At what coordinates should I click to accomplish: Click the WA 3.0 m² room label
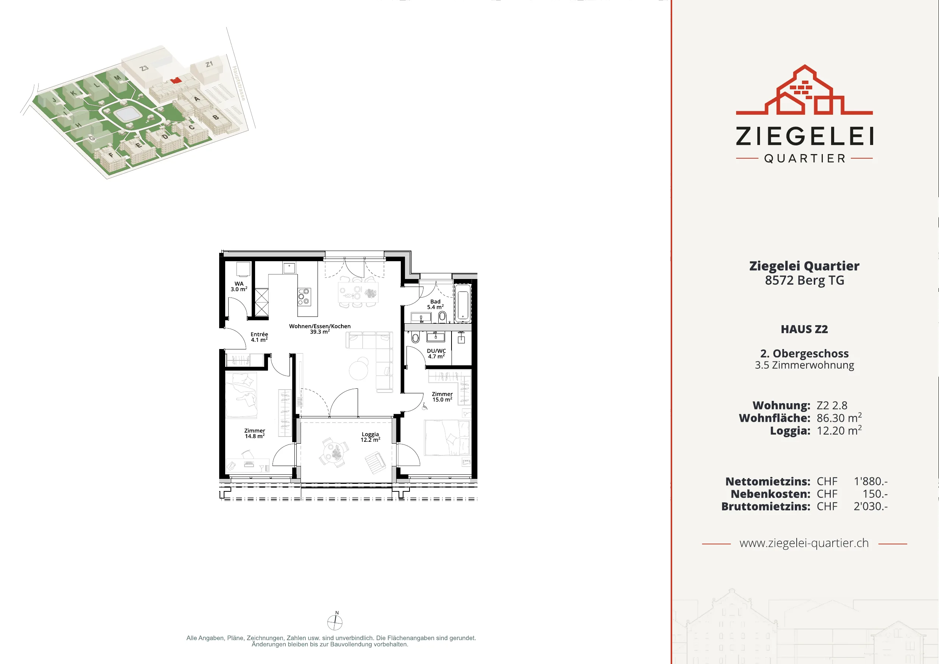click(239, 287)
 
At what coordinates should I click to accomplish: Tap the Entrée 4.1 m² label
click(259, 337)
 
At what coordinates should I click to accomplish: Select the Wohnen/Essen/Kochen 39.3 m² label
click(320, 329)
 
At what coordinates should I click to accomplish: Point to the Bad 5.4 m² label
click(435, 304)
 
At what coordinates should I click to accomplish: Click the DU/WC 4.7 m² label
click(436, 354)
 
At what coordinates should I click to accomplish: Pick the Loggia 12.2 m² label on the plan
click(370, 437)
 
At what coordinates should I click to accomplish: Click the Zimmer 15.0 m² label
click(442, 397)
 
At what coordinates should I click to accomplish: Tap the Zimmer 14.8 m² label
click(254, 433)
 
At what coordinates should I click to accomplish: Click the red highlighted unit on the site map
click(176, 80)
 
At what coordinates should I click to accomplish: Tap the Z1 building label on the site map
click(209, 64)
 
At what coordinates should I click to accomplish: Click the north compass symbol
click(335, 622)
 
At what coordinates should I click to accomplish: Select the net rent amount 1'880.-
click(870, 482)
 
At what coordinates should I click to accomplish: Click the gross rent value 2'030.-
click(870, 507)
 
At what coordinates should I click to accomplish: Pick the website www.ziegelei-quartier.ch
click(804, 543)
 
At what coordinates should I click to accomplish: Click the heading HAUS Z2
click(804, 329)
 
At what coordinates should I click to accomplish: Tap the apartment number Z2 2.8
click(832, 405)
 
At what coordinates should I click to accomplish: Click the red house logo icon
click(804, 90)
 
